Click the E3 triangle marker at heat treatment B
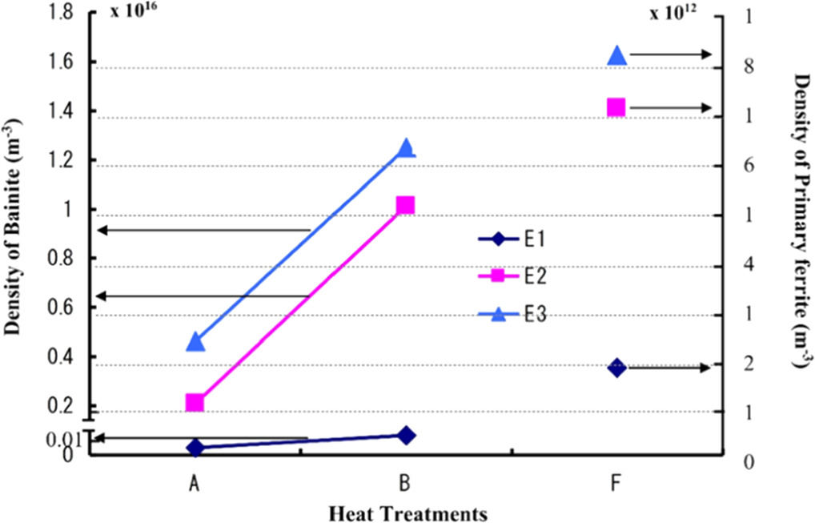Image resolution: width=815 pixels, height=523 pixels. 406,148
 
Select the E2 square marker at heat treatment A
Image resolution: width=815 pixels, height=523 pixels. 195,402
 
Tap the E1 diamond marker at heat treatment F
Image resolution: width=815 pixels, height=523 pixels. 616,368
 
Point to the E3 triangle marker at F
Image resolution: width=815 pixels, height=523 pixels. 616,55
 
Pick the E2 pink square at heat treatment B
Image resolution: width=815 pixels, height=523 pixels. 406,205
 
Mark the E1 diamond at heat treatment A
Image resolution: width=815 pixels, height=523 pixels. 195,448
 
